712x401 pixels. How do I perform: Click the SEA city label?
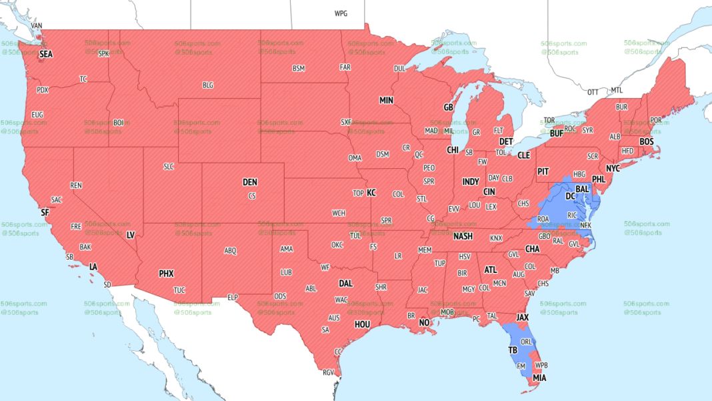coord(46,54)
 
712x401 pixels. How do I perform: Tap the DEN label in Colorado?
coord(249,182)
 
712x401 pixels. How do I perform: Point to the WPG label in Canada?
coord(341,13)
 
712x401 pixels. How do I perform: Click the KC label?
coord(371,193)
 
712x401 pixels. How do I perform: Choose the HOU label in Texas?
coord(362,324)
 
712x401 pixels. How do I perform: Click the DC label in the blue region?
coord(570,196)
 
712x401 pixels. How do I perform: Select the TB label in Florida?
coord(512,350)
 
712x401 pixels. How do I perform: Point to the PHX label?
coord(166,274)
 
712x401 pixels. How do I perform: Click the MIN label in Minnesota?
coord(387,100)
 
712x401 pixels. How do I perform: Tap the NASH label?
coord(463,237)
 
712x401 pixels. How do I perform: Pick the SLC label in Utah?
coord(169,166)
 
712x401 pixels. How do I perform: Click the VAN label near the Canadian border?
coord(37,25)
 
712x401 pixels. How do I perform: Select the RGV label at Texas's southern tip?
coord(328,372)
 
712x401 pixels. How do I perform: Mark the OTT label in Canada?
coord(593,91)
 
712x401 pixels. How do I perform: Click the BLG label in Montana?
coord(208,85)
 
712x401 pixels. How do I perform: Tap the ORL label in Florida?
coord(527,342)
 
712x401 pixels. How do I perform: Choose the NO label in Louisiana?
coord(424,323)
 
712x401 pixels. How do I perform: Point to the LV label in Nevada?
coord(131,236)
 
